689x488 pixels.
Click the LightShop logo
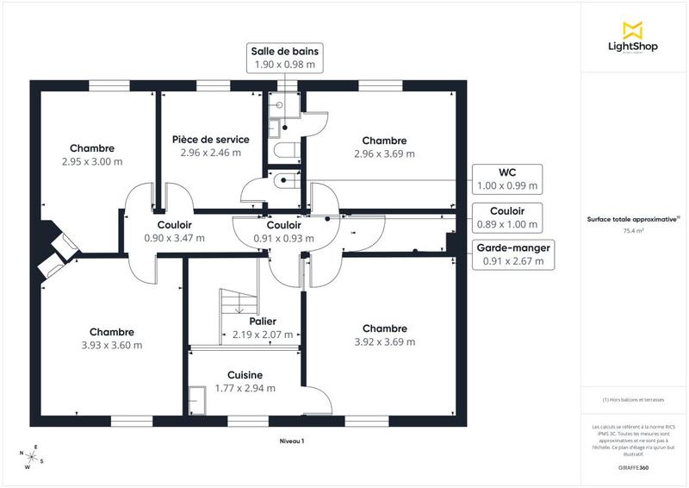[x=633, y=38]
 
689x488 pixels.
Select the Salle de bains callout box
[x=282, y=57]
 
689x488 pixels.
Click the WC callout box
[x=507, y=178]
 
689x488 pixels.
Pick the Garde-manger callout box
[x=514, y=253]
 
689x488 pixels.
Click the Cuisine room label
[x=245, y=375]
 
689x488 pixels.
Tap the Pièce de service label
[x=210, y=139]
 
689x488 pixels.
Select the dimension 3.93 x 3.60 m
[x=111, y=345]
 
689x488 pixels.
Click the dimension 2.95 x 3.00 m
[x=92, y=161]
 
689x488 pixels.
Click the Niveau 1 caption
[x=291, y=441]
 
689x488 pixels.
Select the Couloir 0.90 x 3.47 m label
[x=174, y=231]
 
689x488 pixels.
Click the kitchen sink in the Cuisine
[x=198, y=400]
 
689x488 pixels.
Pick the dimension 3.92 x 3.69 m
[x=384, y=341]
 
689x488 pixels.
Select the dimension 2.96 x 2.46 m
[x=210, y=153]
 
